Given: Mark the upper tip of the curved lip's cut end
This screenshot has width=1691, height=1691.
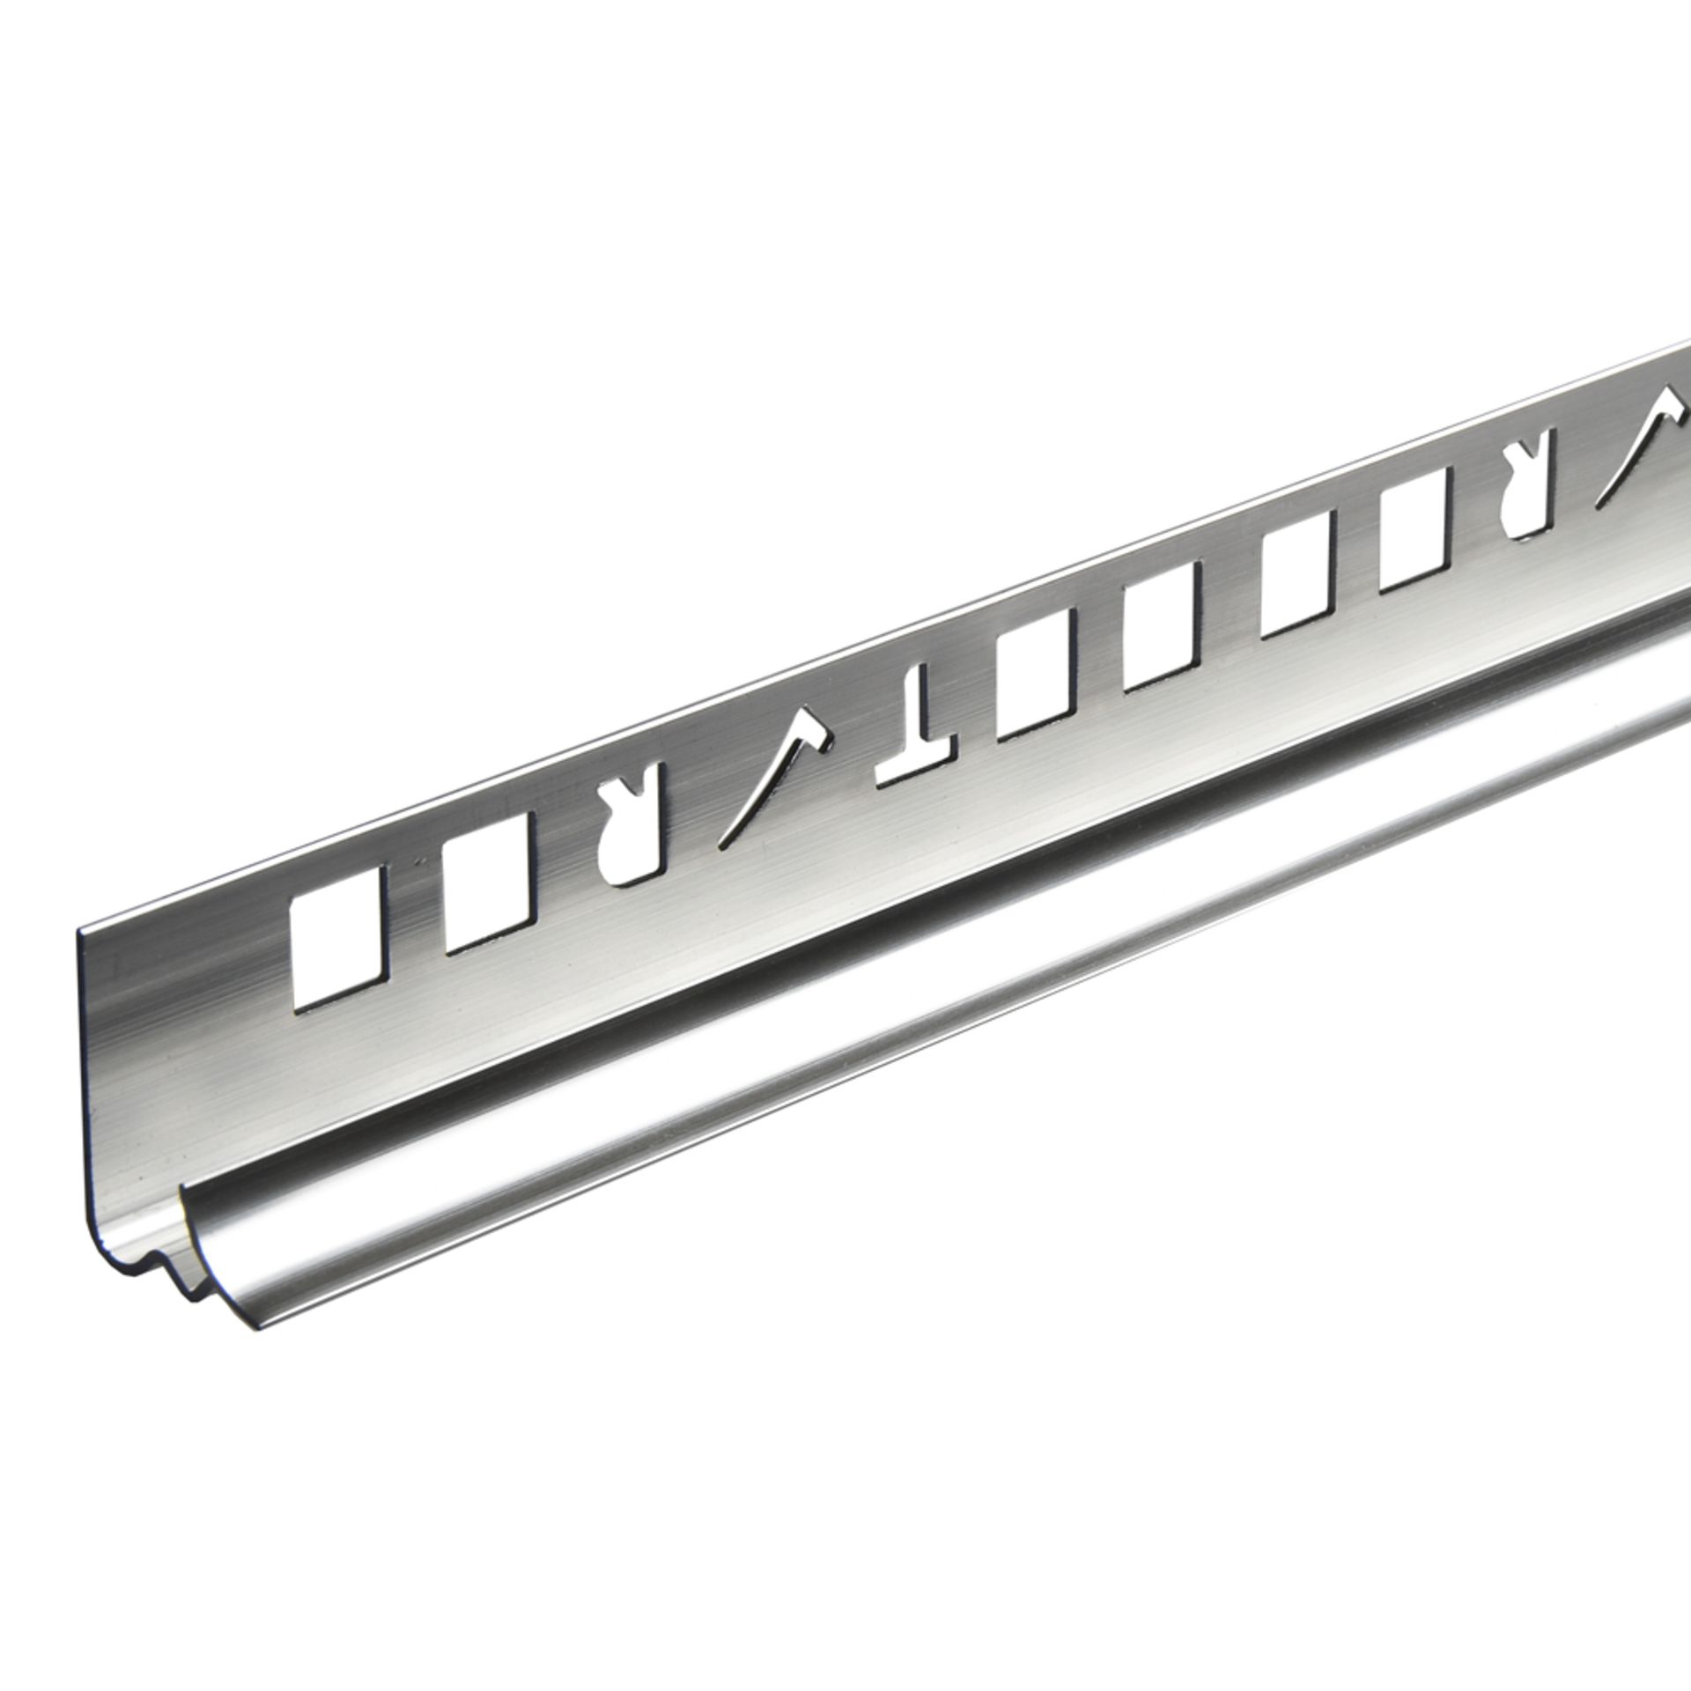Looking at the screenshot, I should pyautogui.click(x=184, y=1188).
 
